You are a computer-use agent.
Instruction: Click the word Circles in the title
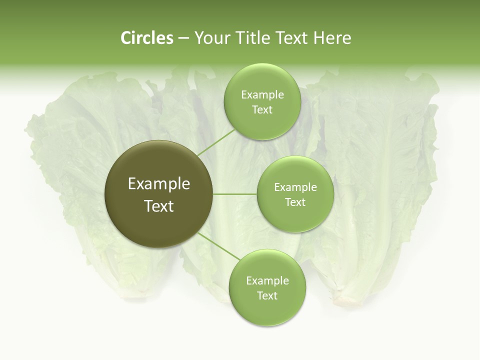tap(146, 38)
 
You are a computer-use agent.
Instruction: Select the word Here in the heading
tap(332, 38)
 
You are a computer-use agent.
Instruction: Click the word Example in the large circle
tap(159, 184)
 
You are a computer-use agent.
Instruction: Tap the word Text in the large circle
tap(159, 206)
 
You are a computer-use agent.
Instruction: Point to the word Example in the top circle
tap(262, 94)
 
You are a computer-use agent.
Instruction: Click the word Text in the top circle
tap(262, 109)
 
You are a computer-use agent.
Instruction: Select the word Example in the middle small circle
tap(295, 187)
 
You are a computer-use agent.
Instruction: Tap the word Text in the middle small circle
tap(295, 202)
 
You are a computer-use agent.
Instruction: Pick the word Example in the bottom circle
tap(267, 280)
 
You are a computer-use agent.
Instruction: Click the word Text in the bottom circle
tap(267, 295)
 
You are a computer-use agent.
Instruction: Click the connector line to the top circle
tap(216, 142)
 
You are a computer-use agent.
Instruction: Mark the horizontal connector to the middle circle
tap(235, 194)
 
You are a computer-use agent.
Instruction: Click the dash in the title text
tap(183, 38)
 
